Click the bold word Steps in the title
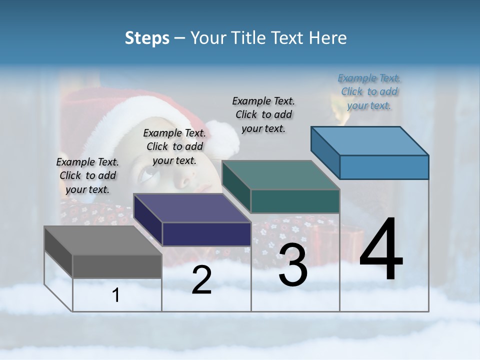click(147, 38)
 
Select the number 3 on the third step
click(293, 265)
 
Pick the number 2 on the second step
click(201, 280)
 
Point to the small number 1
click(116, 295)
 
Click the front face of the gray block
click(117, 266)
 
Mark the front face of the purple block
click(206, 234)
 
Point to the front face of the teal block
click(295, 201)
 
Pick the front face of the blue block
click(384, 167)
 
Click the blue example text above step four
click(369, 92)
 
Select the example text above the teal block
click(263, 114)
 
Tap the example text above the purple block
click(174, 146)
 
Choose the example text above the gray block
click(87, 175)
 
